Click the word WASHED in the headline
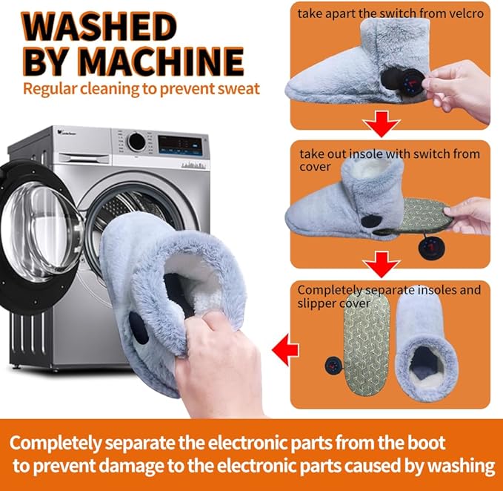click(99, 27)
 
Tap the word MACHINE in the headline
click(161, 62)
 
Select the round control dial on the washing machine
click(136, 142)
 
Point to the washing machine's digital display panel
click(180, 145)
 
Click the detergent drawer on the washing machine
click(85, 158)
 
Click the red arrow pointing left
click(285, 349)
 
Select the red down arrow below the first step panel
click(381, 124)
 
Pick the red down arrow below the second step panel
click(381, 264)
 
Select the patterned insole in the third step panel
click(367, 344)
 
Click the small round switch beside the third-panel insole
click(334, 366)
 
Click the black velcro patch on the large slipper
click(139, 328)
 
